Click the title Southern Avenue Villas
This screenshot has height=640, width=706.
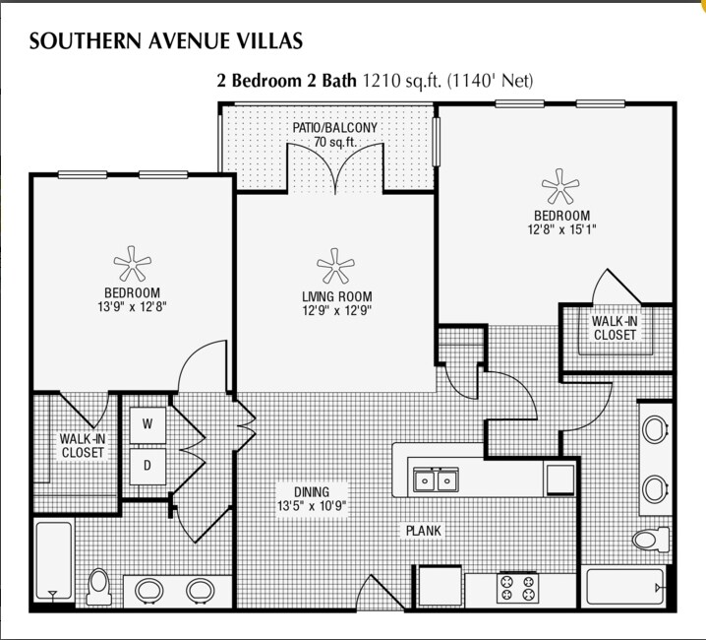click(x=165, y=40)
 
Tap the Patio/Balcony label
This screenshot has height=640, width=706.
click(x=334, y=128)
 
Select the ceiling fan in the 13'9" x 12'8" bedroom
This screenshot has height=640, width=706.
click(x=132, y=262)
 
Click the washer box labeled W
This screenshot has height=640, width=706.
click(x=147, y=424)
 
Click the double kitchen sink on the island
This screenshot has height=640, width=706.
click(x=437, y=480)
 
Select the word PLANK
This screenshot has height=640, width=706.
click(x=424, y=531)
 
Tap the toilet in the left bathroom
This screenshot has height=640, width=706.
click(x=98, y=587)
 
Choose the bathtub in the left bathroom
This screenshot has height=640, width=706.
click(x=53, y=561)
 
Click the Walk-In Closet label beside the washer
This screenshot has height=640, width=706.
click(x=83, y=445)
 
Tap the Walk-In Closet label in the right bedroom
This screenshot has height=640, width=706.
click(x=614, y=328)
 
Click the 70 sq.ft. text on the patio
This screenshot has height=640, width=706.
click(x=334, y=142)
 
